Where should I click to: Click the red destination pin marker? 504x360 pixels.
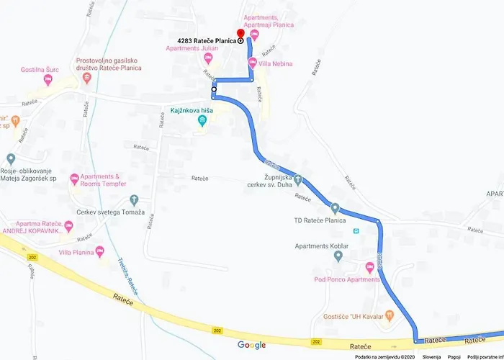point(240,34)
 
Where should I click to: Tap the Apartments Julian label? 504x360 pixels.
point(192,48)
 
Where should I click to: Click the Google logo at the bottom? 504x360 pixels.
point(251,345)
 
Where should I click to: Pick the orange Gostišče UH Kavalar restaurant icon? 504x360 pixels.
point(390,314)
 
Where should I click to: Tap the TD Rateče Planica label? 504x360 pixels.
point(320,220)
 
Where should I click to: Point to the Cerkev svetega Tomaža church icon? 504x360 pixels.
point(133,199)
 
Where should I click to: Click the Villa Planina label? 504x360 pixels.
point(76,252)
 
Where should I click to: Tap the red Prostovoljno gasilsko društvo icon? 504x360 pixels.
point(86,77)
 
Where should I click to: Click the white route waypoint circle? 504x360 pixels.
point(214,89)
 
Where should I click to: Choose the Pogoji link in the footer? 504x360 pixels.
point(454,356)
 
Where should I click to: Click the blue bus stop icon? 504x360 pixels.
point(356,231)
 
